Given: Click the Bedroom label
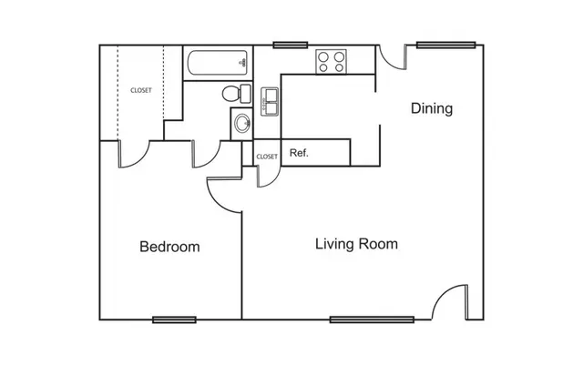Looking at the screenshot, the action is (x=169, y=247).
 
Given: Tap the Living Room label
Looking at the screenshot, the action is (x=356, y=244).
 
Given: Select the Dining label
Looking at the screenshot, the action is (x=432, y=108).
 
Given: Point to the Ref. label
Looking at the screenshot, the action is (x=299, y=153).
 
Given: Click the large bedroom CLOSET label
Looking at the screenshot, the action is (x=141, y=90).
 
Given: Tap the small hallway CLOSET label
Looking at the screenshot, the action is (x=267, y=157).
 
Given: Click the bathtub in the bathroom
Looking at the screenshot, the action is (x=218, y=63).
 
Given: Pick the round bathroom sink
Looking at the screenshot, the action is (x=242, y=123).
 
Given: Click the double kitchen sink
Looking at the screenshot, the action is (x=270, y=102).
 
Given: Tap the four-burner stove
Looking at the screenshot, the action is (x=331, y=62).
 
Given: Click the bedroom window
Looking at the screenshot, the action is (x=174, y=319).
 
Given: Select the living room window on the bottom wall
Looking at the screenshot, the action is (x=372, y=319).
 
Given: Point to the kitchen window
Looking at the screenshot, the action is (x=291, y=45).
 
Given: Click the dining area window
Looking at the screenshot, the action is (x=446, y=45).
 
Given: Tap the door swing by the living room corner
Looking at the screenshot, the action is (x=443, y=294).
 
